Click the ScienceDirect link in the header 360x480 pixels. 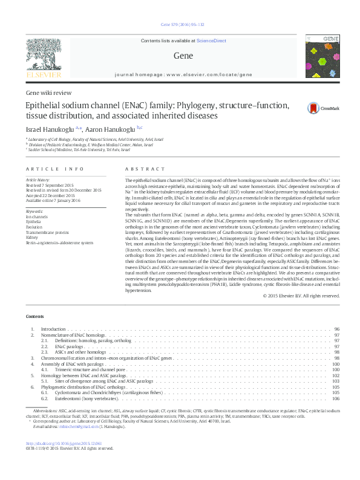point(211,41)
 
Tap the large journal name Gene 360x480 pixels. point(179,55)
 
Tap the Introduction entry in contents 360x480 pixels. point(54,329)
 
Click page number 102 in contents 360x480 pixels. point(336,375)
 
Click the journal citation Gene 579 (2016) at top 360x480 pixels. point(179,25)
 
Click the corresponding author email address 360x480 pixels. point(79,426)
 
